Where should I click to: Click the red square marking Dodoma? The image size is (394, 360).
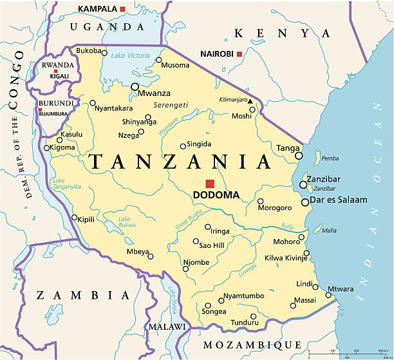(210, 184)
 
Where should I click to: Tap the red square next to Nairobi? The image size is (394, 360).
(239, 54)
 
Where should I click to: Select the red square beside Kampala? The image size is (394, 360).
(123, 8)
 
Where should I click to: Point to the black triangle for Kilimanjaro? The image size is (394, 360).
(250, 100)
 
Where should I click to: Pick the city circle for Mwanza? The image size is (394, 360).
(135, 86)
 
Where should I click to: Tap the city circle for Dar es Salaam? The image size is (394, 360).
(305, 202)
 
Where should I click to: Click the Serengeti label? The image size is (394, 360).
(171, 105)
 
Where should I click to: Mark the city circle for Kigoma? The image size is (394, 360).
(46, 147)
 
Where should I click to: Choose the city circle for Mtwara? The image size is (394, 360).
(328, 296)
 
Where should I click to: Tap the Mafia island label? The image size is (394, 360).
(329, 230)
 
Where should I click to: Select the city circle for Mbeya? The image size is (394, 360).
(151, 256)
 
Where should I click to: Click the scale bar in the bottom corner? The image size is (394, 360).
(348, 353)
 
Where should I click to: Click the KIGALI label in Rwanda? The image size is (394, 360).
(53, 75)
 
